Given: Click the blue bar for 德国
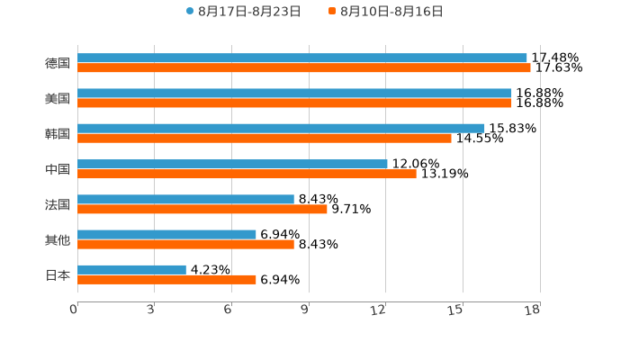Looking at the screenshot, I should pyautogui.click(x=302, y=58).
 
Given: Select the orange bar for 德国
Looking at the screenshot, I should pyautogui.click(x=304, y=68).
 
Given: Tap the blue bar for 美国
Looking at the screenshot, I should pyautogui.click(x=294, y=94).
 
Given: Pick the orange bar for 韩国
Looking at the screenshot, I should pyautogui.click(x=265, y=139).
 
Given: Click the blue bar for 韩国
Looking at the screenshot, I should pyautogui.click(x=281, y=129).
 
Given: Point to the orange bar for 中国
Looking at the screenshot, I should pyautogui.click(x=247, y=174).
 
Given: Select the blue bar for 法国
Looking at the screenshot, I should pyautogui.click(x=185, y=200).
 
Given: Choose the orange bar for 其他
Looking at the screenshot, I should pyautogui.click(x=185, y=244).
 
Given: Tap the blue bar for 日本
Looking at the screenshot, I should pyautogui.click(x=131, y=270).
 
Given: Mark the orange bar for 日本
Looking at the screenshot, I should pyautogui.click(x=166, y=280).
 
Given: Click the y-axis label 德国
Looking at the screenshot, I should pyautogui.click(x=58, y=63).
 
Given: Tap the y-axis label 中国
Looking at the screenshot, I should pyautogui.click(x=58, y=169).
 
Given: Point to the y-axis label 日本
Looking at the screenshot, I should pyautogui.click(x=58, y=274).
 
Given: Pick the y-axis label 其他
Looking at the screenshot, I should pyautogui.click(x=58, y=239).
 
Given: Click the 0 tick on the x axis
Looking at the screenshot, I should pyautogui.click(x=75, y=310).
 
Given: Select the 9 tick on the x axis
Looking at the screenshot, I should pyautogui.click(x=303, y=310).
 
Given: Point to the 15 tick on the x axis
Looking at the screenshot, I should pyautogui.click(x=455, y=310).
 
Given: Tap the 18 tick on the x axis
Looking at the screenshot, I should pyautogui.click(x=533, y=310).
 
